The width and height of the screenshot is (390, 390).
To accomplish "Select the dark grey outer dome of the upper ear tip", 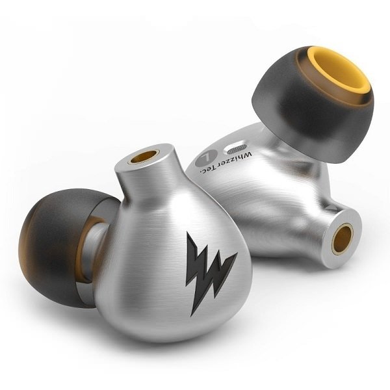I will pyautogui.click(x=292, y=94).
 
